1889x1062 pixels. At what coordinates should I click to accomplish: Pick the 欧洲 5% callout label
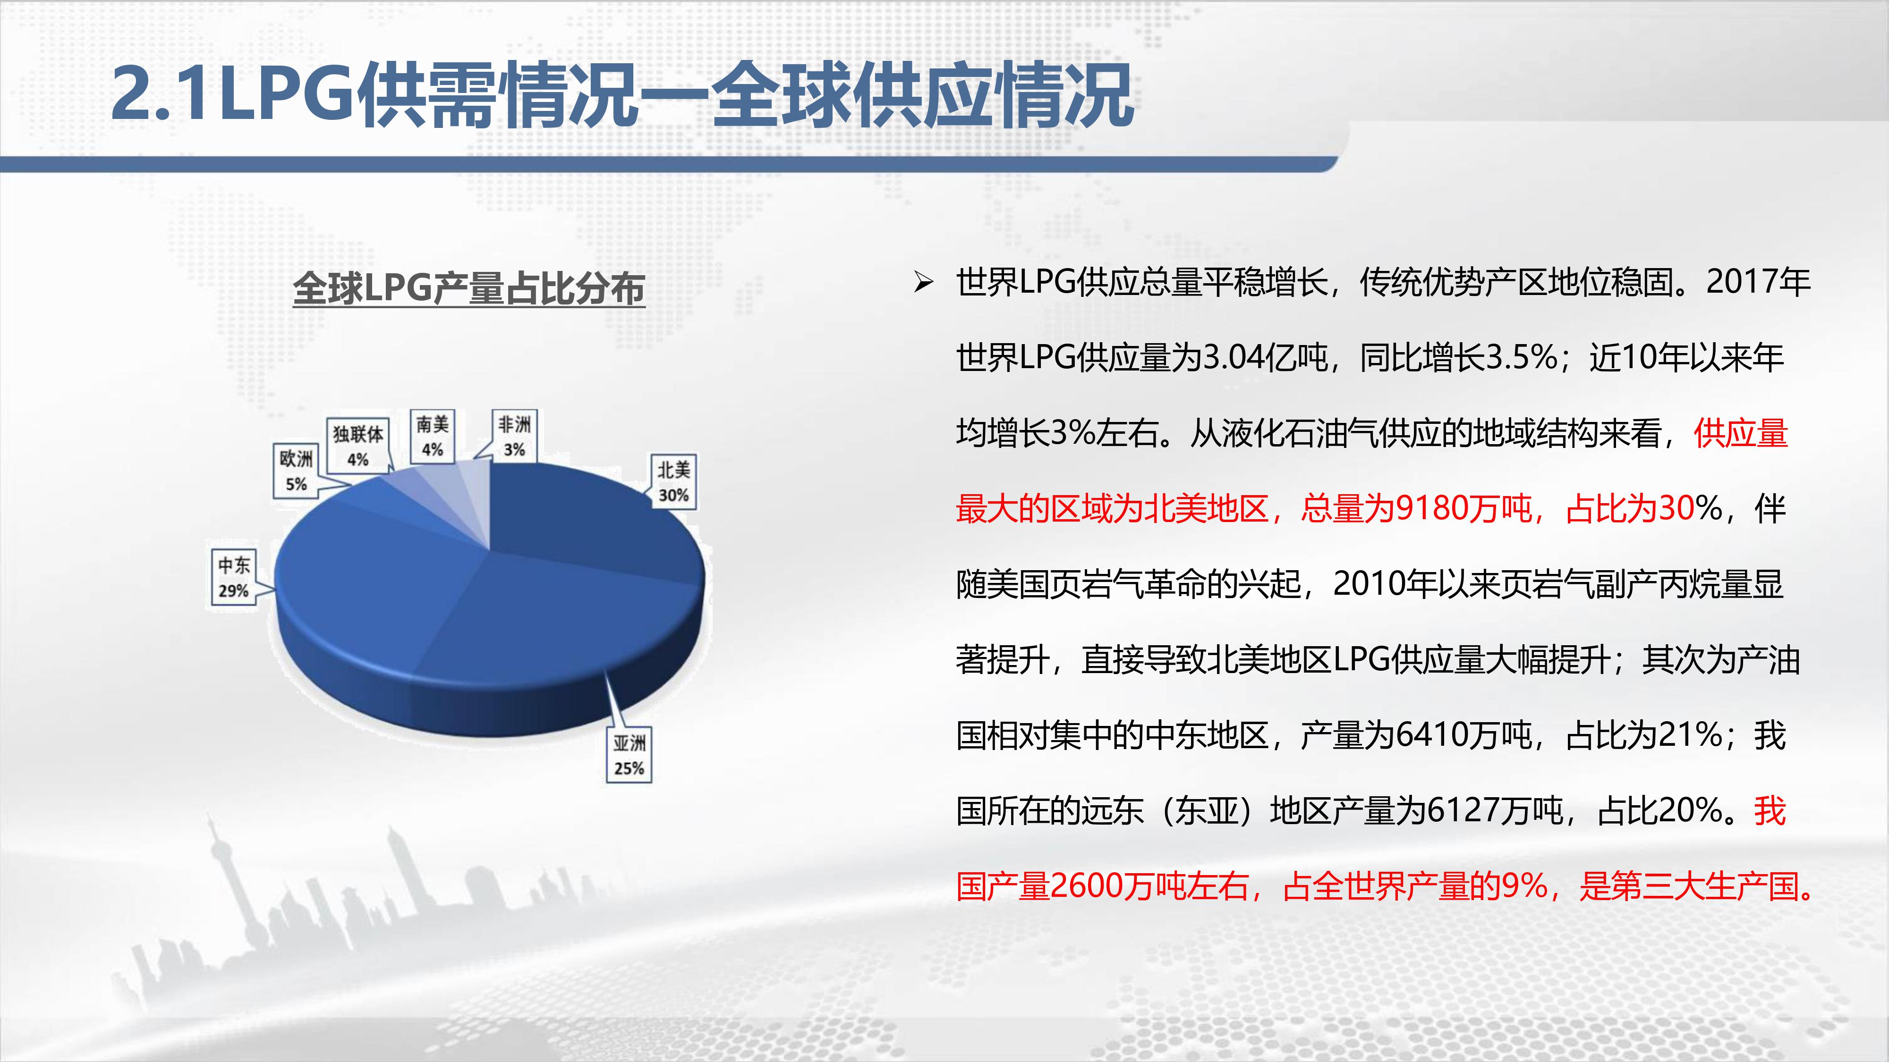coord(296,471)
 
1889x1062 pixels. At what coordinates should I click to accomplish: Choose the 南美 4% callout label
coord(432,436)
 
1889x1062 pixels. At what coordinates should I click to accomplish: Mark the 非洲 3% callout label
coord(514,436)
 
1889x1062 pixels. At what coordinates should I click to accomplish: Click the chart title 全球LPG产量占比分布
coord(468,288)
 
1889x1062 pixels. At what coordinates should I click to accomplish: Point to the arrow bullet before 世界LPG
coord(923,282)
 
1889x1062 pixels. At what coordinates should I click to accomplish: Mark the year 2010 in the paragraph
coord(1365,584)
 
